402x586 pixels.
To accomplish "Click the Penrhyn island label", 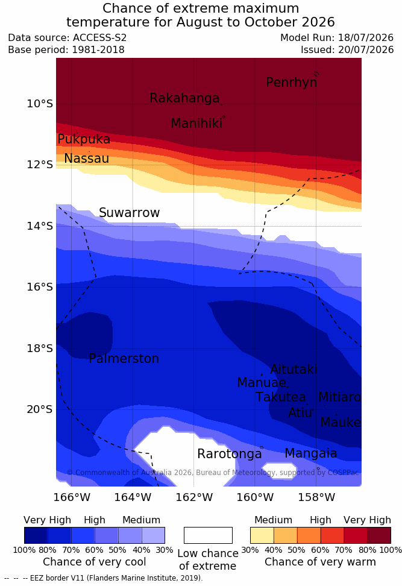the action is [292, 83].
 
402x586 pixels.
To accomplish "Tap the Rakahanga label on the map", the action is [184, 98].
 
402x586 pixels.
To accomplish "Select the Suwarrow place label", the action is [129, 213].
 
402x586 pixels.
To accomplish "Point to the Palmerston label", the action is [124, 359].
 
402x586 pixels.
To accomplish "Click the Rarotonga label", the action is [230, 454].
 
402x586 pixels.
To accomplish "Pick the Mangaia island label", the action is [311, 453].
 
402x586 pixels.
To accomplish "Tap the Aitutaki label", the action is [294, 370].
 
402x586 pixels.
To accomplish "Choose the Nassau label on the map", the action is [87, 159].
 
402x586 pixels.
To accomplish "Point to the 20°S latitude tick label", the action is [40, 409].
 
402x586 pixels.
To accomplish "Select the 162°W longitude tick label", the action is [194, 497].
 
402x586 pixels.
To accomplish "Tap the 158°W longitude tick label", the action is [316, 497].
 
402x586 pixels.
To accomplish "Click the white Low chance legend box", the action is [208, 535].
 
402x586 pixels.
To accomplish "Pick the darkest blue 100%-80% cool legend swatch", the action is [36, 535].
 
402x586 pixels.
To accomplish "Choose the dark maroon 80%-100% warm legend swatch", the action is [379, 535].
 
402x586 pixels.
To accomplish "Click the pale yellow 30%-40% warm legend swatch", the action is [262, 535].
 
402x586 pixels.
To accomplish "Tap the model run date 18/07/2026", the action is [366, 38].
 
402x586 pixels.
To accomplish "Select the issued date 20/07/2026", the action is [366, 49].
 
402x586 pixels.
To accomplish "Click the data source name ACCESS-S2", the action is [100, 38].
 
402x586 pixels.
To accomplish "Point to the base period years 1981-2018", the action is [98, 49].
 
